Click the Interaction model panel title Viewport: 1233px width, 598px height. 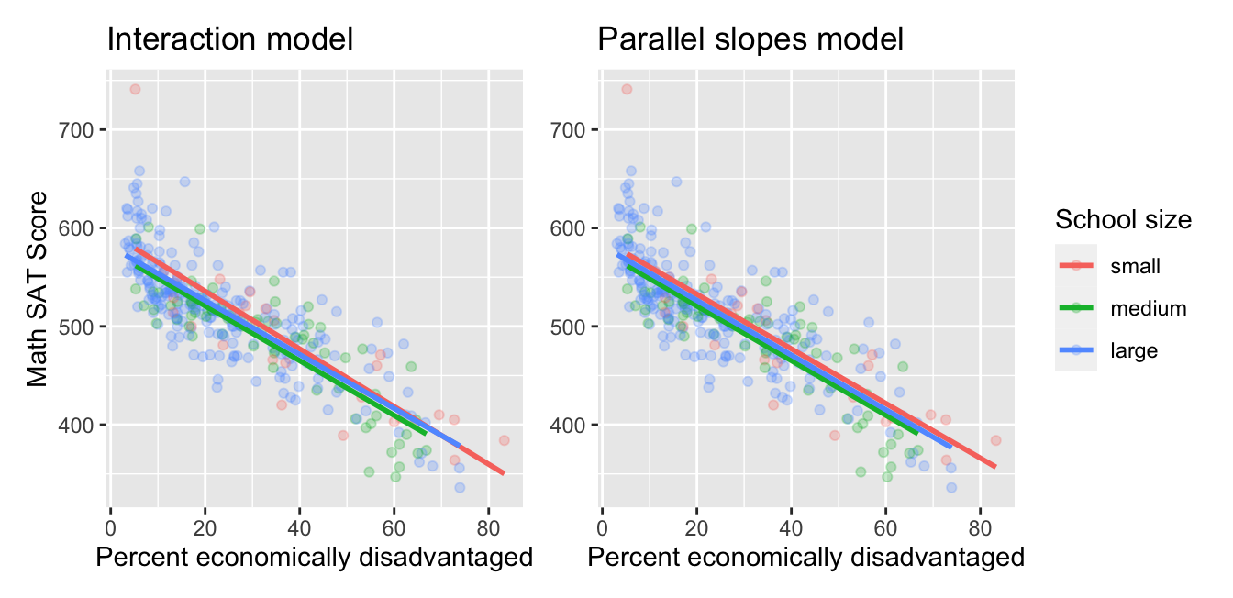pyautogui.click(x=230, y=39)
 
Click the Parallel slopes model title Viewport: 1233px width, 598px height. pyautogui.click(x=750, y=39)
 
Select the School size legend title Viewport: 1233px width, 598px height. pyautogui.click(x=1123, y=219)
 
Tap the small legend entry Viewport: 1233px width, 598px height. pyautogui.click(x=1135, y=266)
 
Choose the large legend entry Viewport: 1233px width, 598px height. pyautogui.click(x=1133, y=350)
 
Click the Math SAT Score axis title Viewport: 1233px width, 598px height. pyautogui.click(x=37, y=289)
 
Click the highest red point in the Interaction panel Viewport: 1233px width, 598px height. pyautogui.click(x=135, y=89)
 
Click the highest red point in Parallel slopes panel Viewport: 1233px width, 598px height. pyautogui.click(x=627, y=89)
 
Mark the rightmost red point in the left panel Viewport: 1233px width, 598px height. pyautogui.click(x=504, y=440)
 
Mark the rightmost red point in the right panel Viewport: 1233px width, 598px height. pyautogui.click(x=995, y=440)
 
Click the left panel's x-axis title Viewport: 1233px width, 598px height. pyautogui.click(x=314, y=557)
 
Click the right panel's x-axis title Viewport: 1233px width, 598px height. pyautogui.click(x=805, y=557)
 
